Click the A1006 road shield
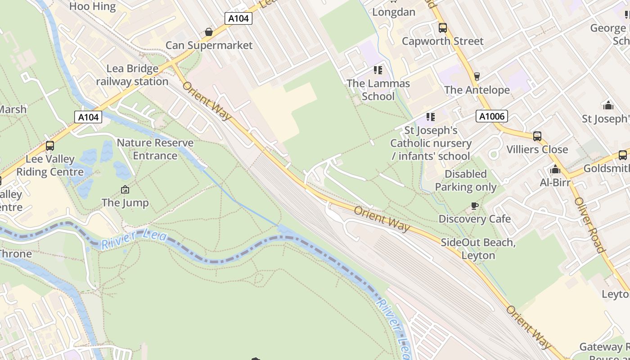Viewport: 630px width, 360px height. (x=492, y=117)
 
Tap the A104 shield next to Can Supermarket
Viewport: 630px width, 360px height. (x=238, y=18)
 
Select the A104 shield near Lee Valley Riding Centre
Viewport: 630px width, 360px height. (x=88, y=117)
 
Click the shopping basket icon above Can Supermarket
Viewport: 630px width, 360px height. (x=209, y=32)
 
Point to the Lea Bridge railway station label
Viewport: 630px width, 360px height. (x=132, y=75)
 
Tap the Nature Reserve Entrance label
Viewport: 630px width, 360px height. (x=155, y=149)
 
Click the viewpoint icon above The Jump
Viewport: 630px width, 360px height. (x=125, y=190)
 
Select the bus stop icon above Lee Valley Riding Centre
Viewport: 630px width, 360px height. (x=50, y=146)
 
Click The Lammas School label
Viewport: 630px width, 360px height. (x=378, y=90)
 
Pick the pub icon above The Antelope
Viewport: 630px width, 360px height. (x=477, y=76)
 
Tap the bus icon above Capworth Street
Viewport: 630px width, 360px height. (x=443, y=28)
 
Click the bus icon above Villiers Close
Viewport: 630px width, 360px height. (x=537, y=136)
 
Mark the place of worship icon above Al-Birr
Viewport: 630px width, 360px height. (x=555, y=170)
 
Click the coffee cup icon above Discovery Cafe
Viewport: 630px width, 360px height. (x=474, y=206)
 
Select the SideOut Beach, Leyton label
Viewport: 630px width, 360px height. (x=478, y=249)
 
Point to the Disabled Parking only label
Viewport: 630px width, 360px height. (x=466, y=180)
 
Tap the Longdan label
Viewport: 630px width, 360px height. (x=394, y=12)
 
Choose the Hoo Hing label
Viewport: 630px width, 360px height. (x=93, y=6)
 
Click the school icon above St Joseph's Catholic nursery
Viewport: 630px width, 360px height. (x=431, y=117)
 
